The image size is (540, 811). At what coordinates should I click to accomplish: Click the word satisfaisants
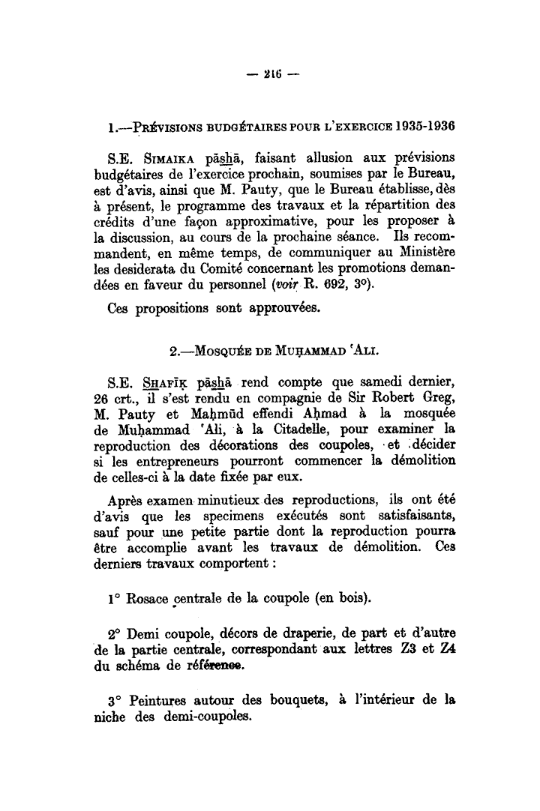[416, 519]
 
